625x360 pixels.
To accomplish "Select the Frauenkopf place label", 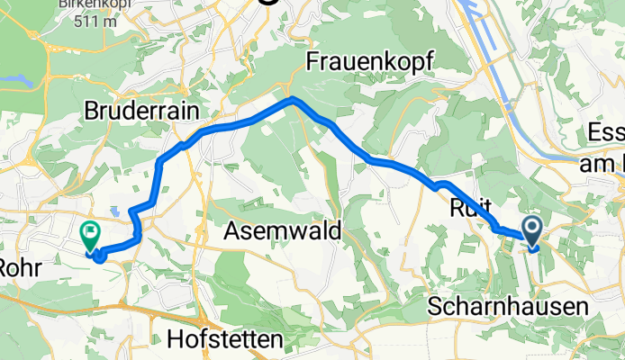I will [370, 61].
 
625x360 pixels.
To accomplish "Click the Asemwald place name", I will [284, 231].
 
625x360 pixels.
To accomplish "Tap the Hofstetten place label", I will [225, 339].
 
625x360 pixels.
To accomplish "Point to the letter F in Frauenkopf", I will [312, 61].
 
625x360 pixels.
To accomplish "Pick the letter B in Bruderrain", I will [91, 111].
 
